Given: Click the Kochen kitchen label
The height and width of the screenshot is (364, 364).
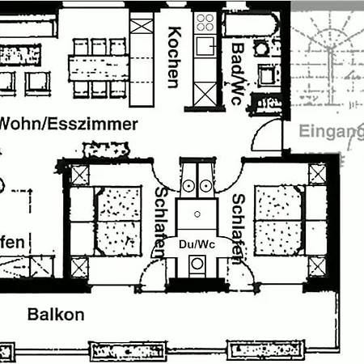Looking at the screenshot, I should [x=173, y=57].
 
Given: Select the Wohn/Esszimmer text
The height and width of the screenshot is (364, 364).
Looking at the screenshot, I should [x=68, y=125].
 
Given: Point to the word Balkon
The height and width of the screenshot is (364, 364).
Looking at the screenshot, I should [x=55, y=315].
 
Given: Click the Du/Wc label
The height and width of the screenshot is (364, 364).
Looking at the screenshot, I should [x=196, y=243].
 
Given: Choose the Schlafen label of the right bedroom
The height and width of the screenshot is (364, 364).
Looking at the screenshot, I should [x=238, y=229].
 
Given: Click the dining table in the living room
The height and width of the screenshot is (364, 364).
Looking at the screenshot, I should [x=99, y=68].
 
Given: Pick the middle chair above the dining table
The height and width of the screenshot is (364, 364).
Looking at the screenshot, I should [x=99, y=46].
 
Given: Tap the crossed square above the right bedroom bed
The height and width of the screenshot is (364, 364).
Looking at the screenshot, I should [x=317, y=173].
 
